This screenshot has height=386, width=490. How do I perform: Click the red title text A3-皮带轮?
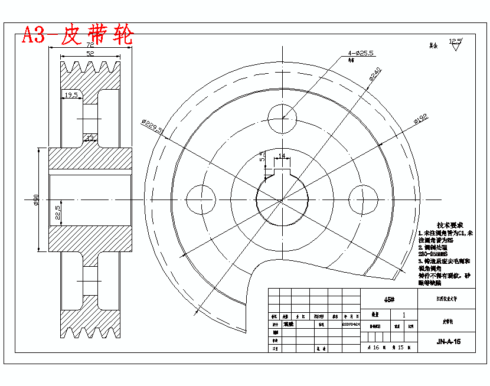pos(77,36)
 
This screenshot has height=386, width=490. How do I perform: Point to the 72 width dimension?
pos(90,45)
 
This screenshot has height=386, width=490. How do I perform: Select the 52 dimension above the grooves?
pos(90,54)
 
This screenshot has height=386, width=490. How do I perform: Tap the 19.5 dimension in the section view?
pos(71,94)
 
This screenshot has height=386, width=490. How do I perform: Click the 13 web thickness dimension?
pos(90,138)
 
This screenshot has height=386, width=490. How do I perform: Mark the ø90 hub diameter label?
pos(37,201)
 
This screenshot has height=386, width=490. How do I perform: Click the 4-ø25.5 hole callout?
pos(361,53)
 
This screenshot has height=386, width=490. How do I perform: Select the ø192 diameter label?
pos(420,119)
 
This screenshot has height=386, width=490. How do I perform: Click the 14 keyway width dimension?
pos(282,156)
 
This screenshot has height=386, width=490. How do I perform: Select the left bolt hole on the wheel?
pos(201,197)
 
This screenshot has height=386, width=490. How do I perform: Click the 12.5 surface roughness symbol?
pos(456,45)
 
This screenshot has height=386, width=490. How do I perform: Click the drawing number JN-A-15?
pos(448,341)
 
